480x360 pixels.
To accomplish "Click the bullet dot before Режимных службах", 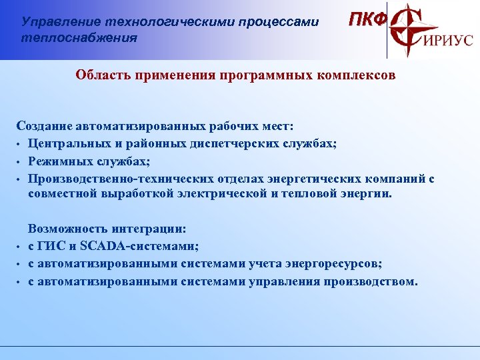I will (20, 161).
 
